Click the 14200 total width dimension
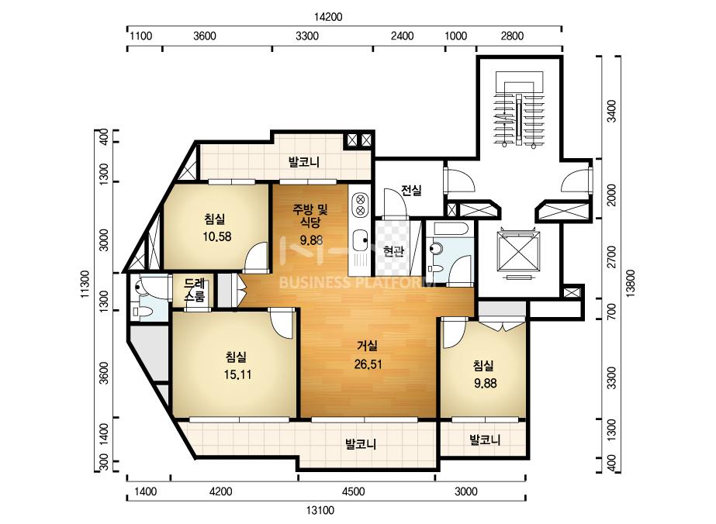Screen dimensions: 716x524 pos(328,17)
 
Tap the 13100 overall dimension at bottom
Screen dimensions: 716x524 pos(320,510)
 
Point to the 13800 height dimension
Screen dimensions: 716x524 pos(631,284)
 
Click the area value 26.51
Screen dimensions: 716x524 pos(368,364)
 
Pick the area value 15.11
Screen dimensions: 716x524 pos(237,374)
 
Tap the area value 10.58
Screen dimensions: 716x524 pos(217,236)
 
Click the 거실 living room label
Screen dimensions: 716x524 pos(367,346)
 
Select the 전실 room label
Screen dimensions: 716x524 pos(411,191)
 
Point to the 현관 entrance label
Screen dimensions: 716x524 pos(393,250)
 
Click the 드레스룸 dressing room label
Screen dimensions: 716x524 pos(195,291)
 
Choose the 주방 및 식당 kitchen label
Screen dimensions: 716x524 pos(310,216)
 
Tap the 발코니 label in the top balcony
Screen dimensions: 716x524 pos(303,161)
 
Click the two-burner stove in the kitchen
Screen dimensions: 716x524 pos(360,205)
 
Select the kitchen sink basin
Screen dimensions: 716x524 pos(361,240)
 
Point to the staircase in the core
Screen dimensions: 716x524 pos(519,109)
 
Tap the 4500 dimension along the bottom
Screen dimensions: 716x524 pos(353,491)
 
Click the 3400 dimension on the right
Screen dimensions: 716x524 pos(611,111)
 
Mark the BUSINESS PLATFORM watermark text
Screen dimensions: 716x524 pos(357,282)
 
